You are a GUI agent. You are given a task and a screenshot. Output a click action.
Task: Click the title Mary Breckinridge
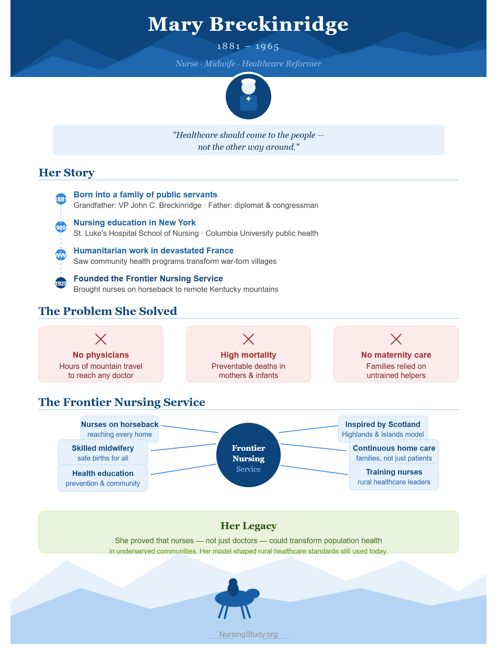click(x=248, y=24)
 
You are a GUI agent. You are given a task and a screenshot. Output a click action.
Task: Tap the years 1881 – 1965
click(x=248, y=47)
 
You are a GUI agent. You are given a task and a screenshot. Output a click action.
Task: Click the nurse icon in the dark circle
click(x=248, y=95)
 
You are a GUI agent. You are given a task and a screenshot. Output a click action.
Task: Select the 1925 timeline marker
click(x=61, y=283)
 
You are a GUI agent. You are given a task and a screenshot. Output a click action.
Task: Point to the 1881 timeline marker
click(x=61, y=199)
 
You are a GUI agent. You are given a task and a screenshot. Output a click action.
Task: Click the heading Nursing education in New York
click(x=135, y=223)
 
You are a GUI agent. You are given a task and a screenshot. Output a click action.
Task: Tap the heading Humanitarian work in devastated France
click(x=154, y=251)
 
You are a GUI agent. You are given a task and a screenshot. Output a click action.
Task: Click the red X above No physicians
click(x=101, y=339)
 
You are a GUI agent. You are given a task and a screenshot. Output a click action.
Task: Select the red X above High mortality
click(x=248, y=339)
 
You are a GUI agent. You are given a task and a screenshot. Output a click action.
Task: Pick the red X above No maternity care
click(x=396, y=339)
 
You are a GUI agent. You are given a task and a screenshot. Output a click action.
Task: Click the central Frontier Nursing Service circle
click(x=248, y=455)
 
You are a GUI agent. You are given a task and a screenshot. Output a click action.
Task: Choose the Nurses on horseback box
click(x=120, y=429)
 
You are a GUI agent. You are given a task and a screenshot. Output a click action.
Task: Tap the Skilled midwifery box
click(x=103, y=453)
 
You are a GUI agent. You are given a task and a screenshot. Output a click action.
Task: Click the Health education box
click(x=103, y=478)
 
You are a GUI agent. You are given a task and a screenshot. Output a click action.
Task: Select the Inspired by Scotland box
click(x=383, y=429)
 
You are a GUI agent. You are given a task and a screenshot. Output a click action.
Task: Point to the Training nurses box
click(x=394, y=477)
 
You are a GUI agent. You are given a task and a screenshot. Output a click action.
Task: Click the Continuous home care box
click(x=394, y=453)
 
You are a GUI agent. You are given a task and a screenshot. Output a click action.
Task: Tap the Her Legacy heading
click(x=248, y=526)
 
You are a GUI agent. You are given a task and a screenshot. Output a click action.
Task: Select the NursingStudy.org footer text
click(x=248, y=634)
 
